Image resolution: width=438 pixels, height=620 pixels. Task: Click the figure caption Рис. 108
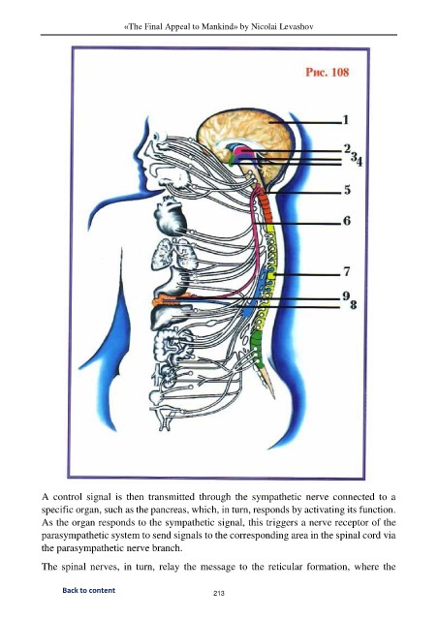tap(328, 72)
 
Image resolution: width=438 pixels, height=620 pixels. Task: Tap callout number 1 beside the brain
tap(345, 119)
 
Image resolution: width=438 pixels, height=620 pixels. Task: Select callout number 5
tap(347, 190)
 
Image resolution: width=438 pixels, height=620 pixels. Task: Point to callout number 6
tap(347, 220)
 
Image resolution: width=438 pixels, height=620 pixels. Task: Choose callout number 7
tap(347, 271)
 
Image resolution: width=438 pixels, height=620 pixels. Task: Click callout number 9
tap(346, 295)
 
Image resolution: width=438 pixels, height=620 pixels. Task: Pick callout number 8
tap(354, 304)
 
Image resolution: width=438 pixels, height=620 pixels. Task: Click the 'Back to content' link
tap(88, 590)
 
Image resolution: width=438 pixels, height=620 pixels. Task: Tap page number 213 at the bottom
tap(219, 593)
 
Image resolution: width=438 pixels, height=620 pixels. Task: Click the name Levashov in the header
tap(297, 27)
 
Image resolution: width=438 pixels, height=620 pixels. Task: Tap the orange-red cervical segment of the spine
tap(266, 209)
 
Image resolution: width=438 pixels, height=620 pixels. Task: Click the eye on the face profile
tap(162, 137)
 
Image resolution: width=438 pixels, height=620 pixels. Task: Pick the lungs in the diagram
tap(174, 254)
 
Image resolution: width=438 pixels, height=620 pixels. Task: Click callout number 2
tap(347, 148)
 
